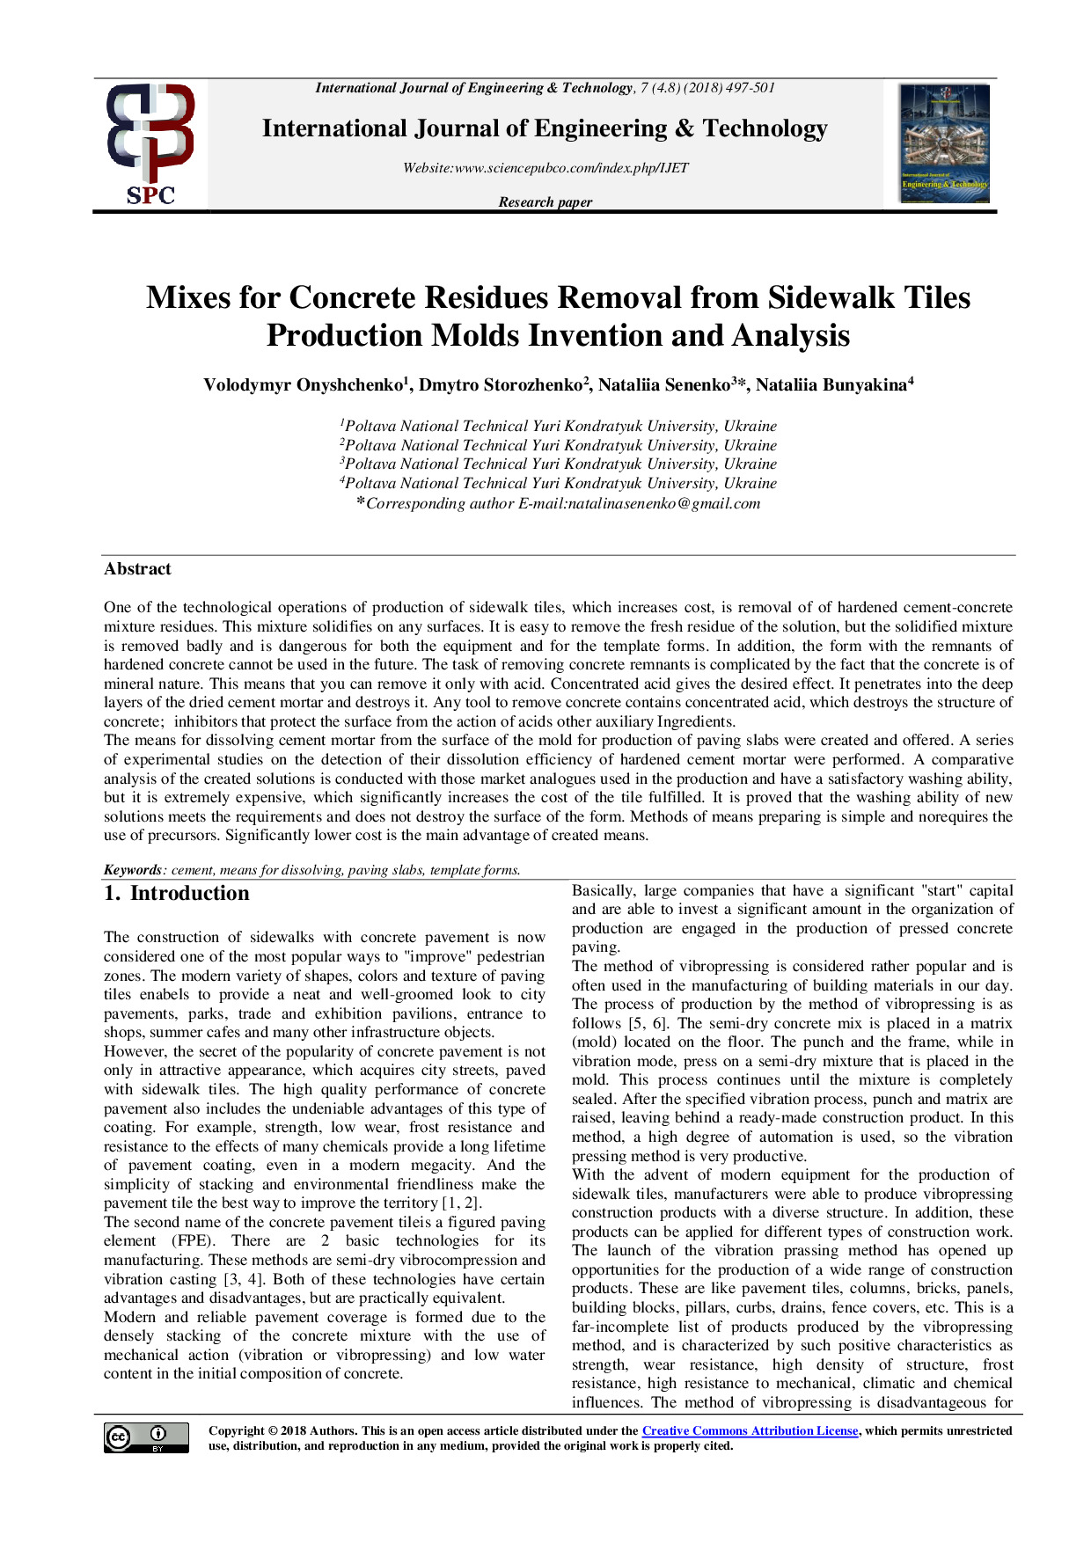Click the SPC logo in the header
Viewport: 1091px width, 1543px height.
(x=150, y=144)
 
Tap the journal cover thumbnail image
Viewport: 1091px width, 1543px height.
(x=944, y=143)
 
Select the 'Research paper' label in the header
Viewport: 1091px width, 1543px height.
(x=545, y=202)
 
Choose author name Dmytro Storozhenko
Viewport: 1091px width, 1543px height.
(x=502, y=385)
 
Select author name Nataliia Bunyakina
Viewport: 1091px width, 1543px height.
(x=832, y=385)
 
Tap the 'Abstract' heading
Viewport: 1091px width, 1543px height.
(x=137, y=569)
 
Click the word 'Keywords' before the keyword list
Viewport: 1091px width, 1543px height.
(x=133, y=870)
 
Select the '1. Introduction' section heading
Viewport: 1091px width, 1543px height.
(x=177, y=894)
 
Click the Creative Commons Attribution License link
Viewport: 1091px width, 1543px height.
(x=750, y=1431)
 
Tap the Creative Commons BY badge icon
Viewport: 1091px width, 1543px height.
(x=146, y=1437)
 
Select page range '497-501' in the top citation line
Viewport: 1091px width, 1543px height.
(x=751, y=88)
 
